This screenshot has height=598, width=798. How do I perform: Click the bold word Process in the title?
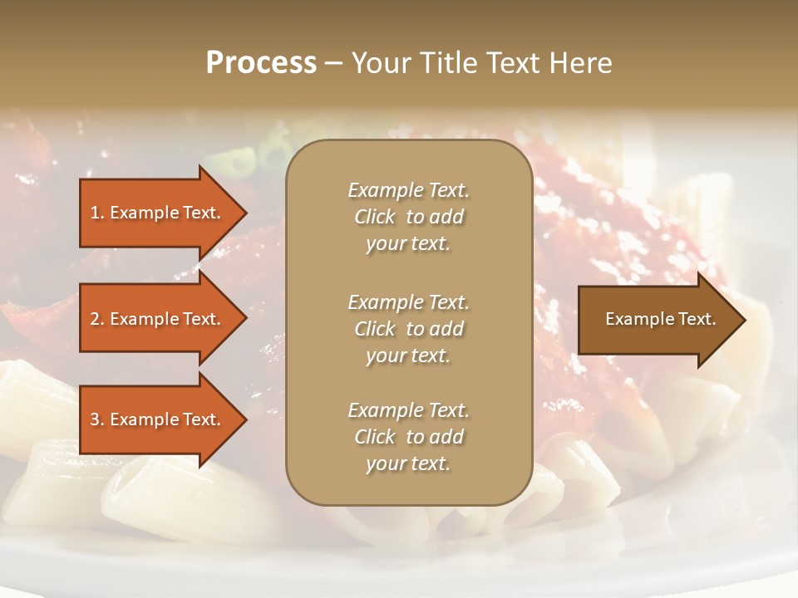(261, 63)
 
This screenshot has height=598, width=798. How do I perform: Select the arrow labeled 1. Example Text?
(158, 213)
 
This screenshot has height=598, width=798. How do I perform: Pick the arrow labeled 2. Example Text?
(158, 319)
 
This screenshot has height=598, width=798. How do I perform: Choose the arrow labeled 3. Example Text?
(158, 419)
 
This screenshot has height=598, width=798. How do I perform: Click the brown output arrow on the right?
(657, 319)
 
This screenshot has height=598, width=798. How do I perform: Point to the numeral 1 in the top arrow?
(95, 213)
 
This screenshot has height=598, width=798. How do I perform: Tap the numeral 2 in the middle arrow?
(95, 319)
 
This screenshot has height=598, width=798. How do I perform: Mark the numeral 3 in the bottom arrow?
(95, 419)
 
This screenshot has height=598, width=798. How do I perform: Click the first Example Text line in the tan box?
(408, 190)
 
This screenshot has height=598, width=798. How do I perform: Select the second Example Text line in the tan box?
(408, 302)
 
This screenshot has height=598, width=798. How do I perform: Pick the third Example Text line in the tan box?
(408, 410)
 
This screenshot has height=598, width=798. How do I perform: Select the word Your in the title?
(379, 63)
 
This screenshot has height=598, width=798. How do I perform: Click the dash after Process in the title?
(333, 64)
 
